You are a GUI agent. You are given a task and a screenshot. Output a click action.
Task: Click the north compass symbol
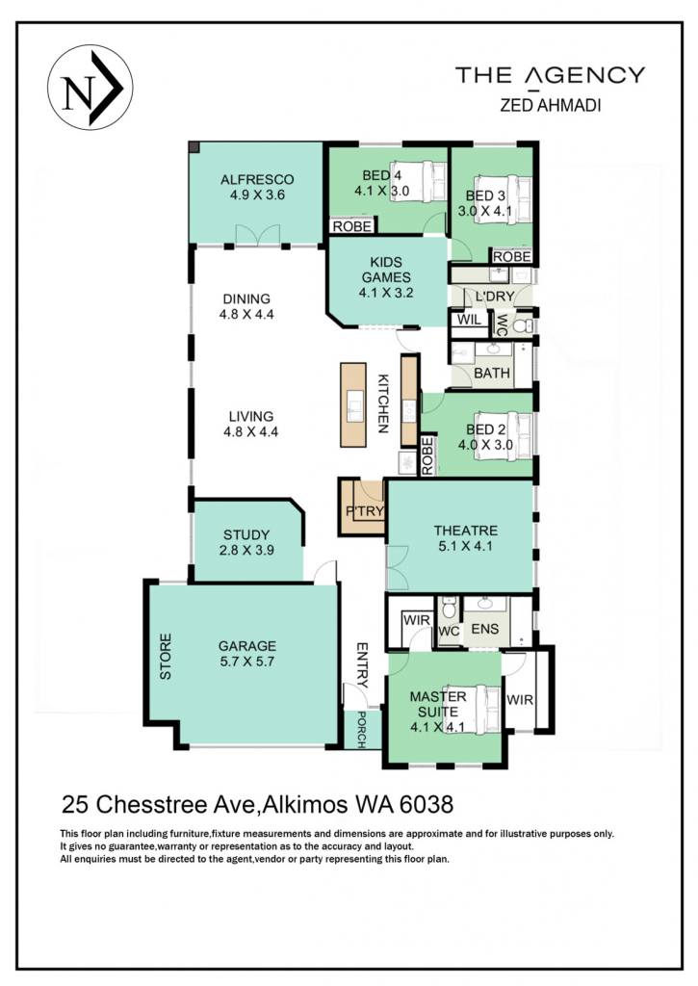[90, 88]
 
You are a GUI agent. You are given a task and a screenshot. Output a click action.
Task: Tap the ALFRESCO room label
[257, 180]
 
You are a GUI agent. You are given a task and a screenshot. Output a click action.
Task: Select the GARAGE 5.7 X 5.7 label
[247, 654]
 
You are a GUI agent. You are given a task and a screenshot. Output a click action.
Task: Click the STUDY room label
[246, 535]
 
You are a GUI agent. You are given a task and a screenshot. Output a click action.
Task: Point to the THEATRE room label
[465, 531]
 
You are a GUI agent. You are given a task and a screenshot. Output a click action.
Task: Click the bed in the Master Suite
[481, 709]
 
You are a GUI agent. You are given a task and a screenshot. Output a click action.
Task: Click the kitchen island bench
[352, 405]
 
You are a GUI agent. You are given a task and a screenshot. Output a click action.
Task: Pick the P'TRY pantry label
[365, 511]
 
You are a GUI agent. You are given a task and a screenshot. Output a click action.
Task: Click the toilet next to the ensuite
[449, 609]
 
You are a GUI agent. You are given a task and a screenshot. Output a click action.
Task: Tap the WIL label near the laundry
[469, 320]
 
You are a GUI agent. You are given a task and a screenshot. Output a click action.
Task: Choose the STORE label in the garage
[166, 657]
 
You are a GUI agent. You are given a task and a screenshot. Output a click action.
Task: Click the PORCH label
[362, 730]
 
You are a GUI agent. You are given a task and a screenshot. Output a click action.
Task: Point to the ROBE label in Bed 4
[352, 225]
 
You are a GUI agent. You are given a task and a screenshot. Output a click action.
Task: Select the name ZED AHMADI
[551, 105]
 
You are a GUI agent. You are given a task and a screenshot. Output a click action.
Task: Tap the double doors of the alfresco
[257, 236]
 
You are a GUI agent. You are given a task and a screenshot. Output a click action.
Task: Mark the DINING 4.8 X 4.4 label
[246, 306]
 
